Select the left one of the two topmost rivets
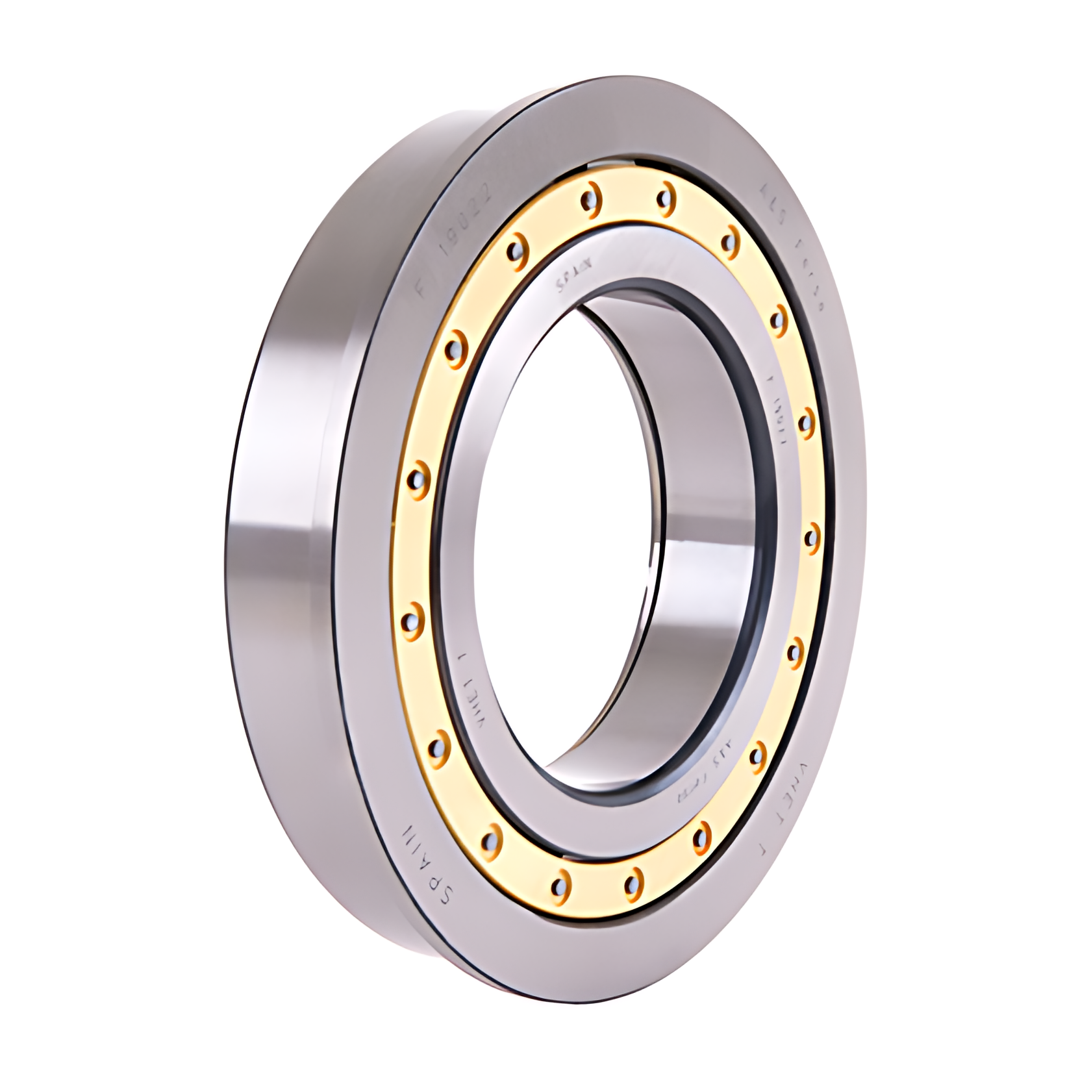pyautogui.click(x=590, y=197)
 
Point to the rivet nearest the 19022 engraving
pyautogui.click(x=515, y=249)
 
